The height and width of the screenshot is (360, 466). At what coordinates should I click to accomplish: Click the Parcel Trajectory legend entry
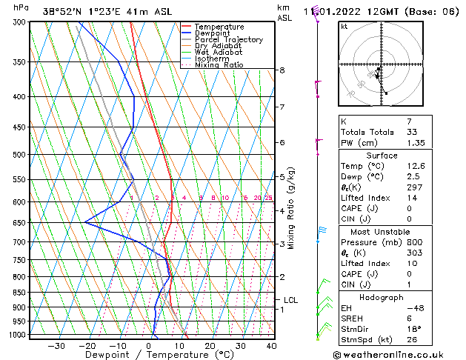click(228, 39)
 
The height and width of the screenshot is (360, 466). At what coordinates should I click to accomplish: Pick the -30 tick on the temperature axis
click(56, 345)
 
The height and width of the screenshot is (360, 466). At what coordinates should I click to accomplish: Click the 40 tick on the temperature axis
click(271, 345)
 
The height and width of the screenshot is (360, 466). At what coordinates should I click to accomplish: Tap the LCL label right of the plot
click(290, 300)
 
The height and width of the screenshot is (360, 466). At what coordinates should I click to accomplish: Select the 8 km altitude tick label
click(282, 70)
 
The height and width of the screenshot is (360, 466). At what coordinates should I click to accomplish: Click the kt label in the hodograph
click(344, 27)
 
